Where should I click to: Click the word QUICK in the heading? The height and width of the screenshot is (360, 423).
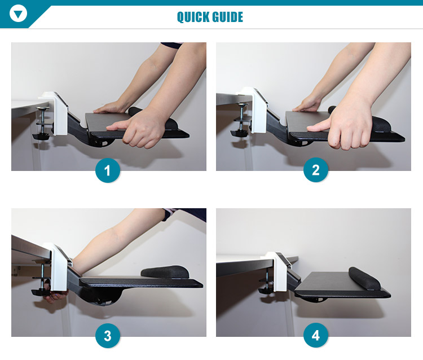[193, 17]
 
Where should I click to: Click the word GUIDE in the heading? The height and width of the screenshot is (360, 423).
[227, 17]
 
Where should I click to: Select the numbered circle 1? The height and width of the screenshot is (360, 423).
[107, 170]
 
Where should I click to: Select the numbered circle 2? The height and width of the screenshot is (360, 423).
[316, 170]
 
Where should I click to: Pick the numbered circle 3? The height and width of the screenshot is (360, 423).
[107, 336]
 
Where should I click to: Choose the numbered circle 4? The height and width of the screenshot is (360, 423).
[316, 335]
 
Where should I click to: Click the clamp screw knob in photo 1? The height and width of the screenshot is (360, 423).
[41, 137]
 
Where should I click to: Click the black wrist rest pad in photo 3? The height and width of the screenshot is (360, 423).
[165, 272]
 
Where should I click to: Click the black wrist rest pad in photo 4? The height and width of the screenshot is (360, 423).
[364, 279]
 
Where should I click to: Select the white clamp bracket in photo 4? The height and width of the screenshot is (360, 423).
[279, 271]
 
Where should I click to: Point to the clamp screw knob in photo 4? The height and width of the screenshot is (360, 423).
[266, 291]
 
